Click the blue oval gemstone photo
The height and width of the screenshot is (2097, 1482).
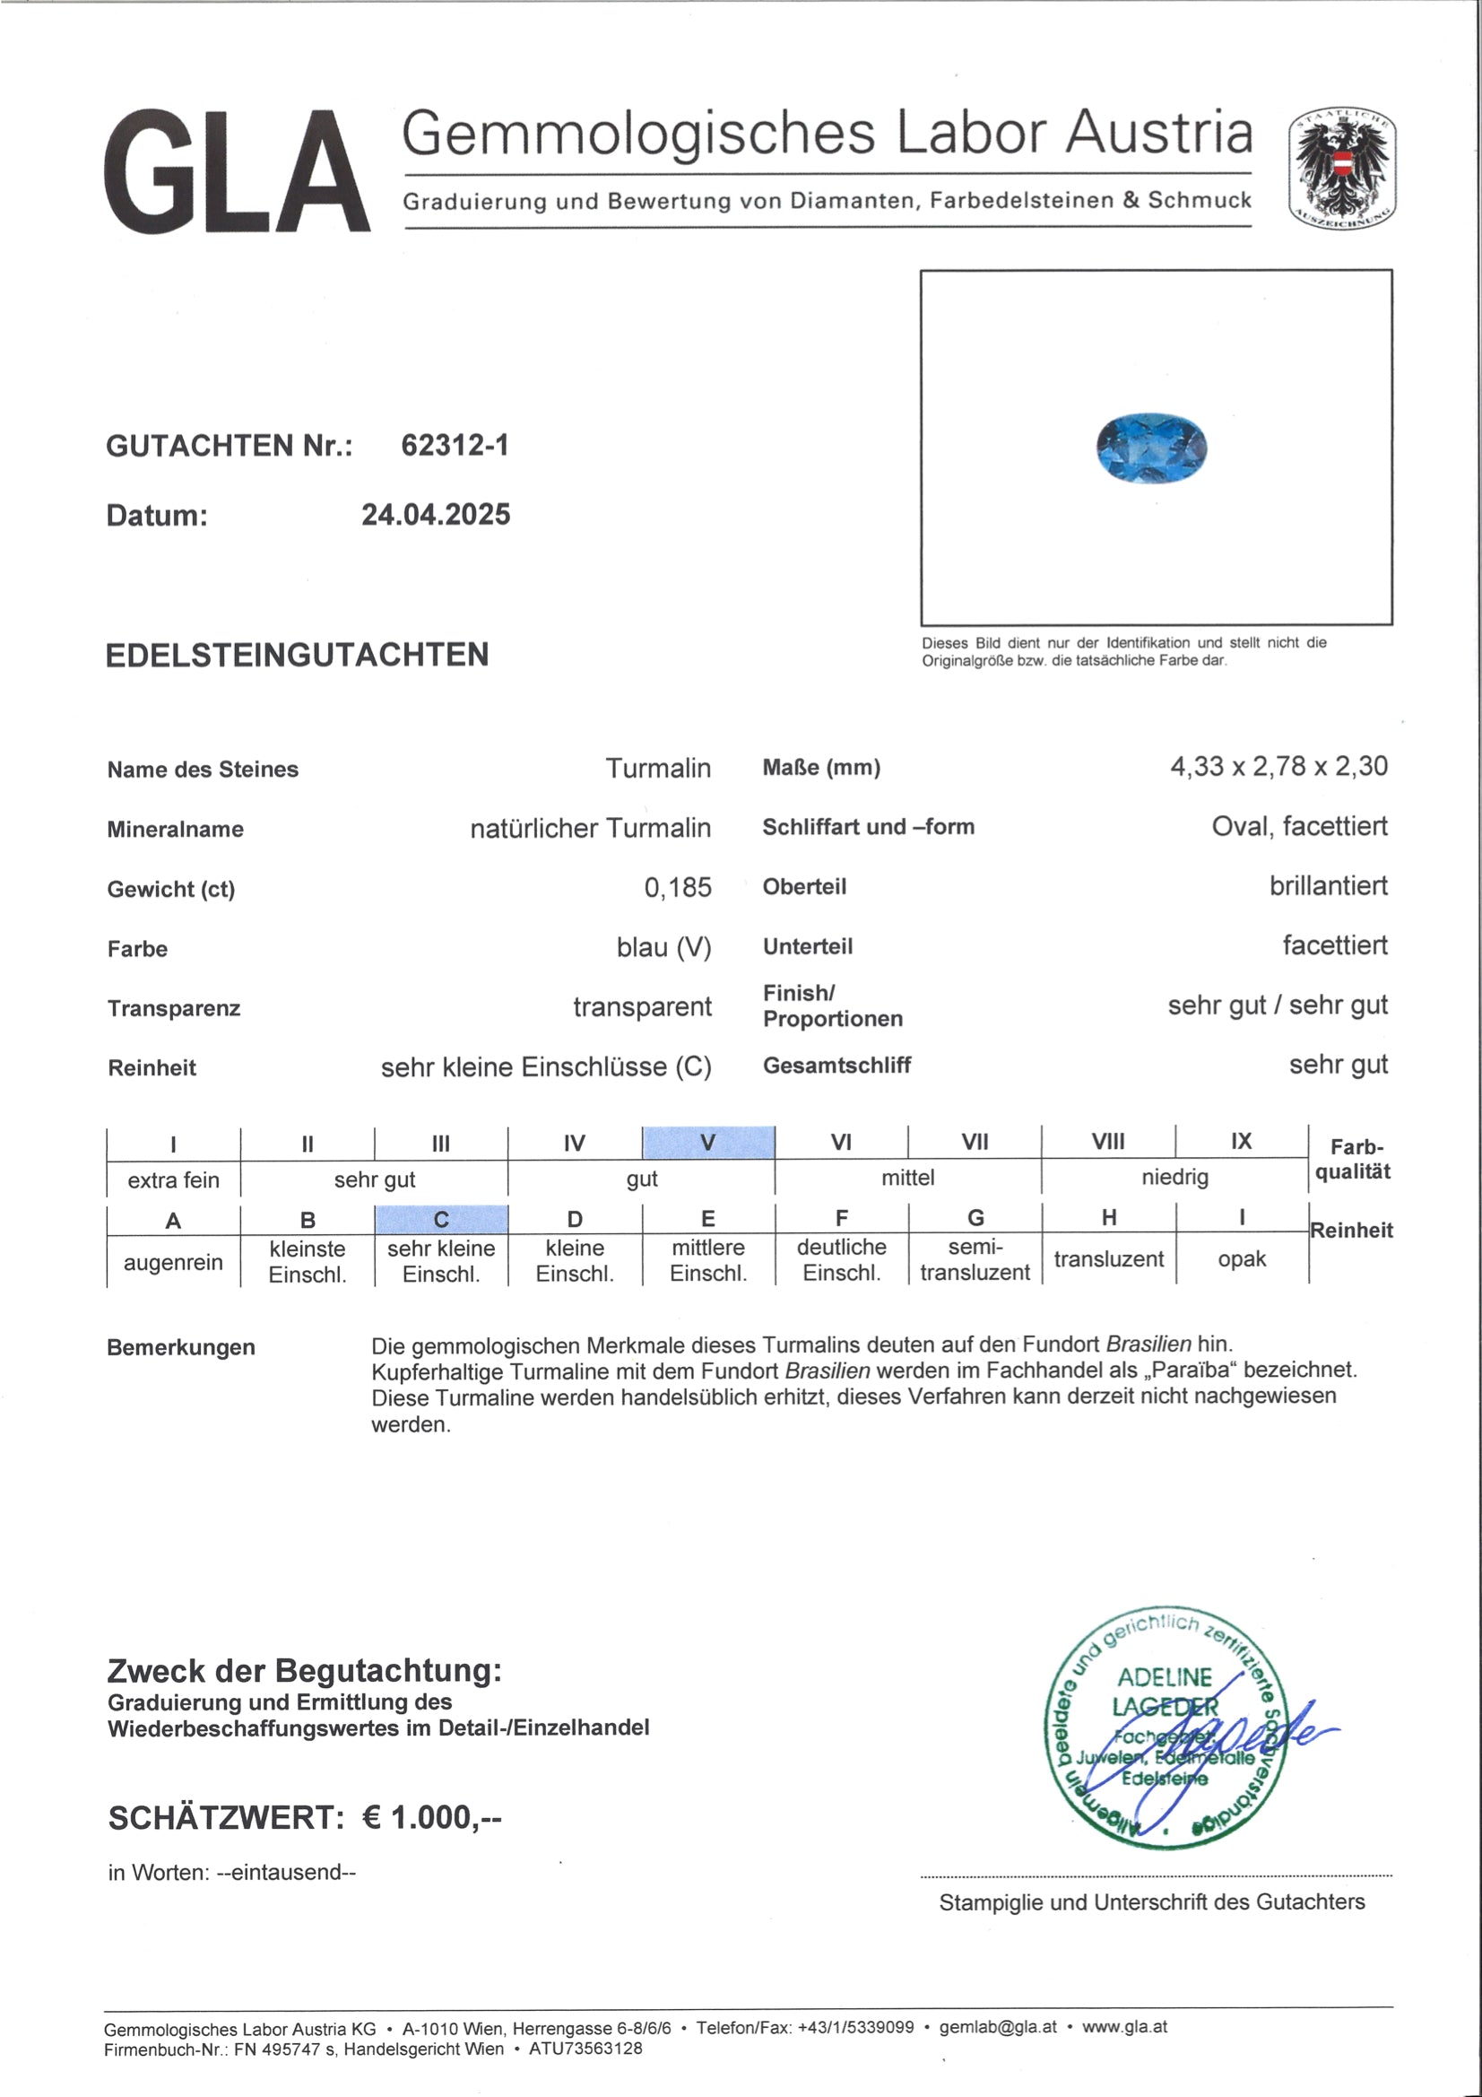pos(1151,448)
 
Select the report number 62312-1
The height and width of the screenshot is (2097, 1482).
pos(455,445)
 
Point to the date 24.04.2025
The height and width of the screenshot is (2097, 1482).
pos(436,515)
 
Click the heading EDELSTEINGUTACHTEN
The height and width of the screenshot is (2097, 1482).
pos(297,655)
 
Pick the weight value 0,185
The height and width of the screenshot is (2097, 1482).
pos(678,887)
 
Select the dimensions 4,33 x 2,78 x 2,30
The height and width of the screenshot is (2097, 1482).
pos(1278,766)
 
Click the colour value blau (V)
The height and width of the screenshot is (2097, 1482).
pos(663,947)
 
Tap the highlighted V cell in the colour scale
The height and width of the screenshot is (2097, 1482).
pos(708,1142)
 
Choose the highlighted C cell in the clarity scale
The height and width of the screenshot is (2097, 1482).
pos(441,1219)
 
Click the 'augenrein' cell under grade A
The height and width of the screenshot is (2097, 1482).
pos(174,1262)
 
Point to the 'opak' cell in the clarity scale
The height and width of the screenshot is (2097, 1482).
pos(1242,1258)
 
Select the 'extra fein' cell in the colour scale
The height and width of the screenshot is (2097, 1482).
pos(174,1180)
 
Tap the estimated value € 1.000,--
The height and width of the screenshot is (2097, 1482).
pos(432,1817)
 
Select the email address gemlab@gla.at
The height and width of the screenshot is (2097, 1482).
pos(997,2027)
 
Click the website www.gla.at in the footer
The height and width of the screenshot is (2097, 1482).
pos(1124,2027)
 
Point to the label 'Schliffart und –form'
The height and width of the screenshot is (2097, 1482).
pos(869,827)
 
